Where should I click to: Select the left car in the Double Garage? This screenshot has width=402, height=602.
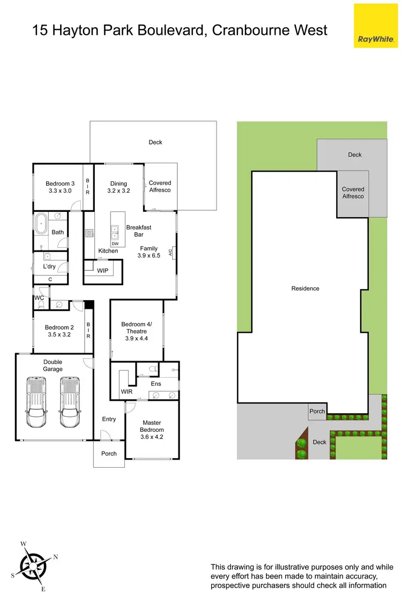36,402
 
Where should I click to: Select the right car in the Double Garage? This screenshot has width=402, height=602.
70,402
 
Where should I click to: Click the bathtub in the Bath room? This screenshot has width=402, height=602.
42,225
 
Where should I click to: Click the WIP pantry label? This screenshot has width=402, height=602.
102,270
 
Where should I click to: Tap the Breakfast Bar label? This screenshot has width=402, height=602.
139,231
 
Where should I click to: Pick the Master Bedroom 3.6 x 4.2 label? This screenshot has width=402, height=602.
152,430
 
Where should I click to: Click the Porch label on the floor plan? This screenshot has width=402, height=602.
109,453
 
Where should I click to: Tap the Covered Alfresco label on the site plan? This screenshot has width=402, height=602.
353,193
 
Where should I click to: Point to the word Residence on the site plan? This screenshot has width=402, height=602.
305,288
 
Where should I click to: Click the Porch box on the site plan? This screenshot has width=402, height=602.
317,412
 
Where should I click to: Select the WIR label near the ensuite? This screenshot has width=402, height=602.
126,392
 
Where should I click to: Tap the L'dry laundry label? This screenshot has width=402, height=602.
49,266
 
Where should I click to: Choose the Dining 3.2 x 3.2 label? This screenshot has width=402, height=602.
118,187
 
